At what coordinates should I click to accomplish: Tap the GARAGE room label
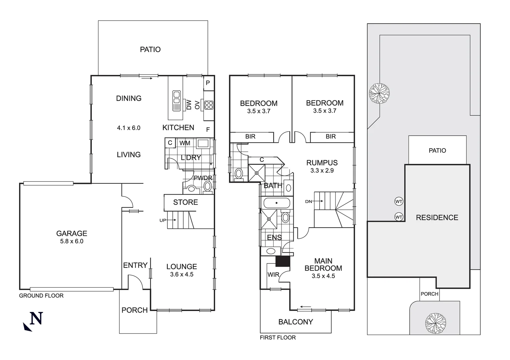(72, 233)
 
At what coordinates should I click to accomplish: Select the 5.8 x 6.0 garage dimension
(72, 241)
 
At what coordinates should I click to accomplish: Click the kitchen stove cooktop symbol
(209, 105)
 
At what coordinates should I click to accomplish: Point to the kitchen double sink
(176, 101)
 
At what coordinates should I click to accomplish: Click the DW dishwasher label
(189, 105)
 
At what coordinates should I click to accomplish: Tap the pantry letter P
(208, 83)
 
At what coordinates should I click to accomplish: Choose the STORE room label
(185, 202)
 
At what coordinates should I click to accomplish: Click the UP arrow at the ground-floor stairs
(171, 220)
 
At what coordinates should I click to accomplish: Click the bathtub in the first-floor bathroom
(277, 203)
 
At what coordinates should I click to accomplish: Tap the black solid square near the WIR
(283, 261)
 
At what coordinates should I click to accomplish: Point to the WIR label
(273, 275)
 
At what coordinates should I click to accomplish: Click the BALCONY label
(296, 322)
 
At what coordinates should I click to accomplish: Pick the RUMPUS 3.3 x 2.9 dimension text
(322, 170)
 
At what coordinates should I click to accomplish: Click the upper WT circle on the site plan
(399, 201)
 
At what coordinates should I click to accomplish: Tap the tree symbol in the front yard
(435, 323)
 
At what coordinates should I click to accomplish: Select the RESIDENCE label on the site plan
(437, 218)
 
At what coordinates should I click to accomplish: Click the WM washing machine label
(185, 143)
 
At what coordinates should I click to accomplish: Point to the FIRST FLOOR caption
(278, 337)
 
